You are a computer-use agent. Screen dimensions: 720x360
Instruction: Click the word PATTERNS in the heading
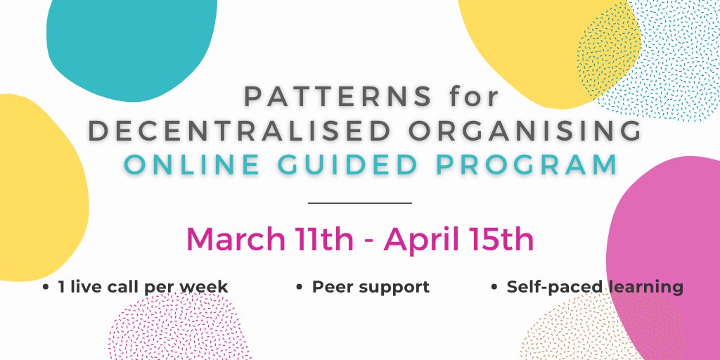tap(338, 96)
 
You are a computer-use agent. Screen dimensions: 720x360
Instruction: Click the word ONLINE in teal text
tap(192, 165)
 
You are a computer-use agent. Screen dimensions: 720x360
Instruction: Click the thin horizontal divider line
tap(359, 202)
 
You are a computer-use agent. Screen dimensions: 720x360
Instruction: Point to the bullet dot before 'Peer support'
tap(300, 288)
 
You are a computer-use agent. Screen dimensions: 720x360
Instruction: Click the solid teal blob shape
tap(131, 49)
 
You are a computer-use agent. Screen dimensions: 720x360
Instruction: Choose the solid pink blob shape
tap(664, 257)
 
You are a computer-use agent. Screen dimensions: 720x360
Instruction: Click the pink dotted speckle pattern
tap(179, 328)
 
